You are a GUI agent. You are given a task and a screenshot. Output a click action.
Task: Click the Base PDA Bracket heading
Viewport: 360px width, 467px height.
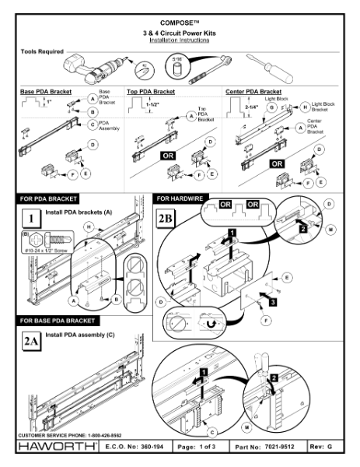[x=47, y=91]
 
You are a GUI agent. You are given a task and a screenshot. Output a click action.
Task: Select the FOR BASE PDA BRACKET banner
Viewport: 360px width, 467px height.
[x=61, y=320]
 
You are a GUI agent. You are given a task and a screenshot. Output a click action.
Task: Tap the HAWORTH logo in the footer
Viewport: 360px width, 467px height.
[x=55, y=449]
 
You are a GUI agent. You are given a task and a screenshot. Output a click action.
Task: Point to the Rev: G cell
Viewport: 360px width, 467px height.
[x=329, y=450]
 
